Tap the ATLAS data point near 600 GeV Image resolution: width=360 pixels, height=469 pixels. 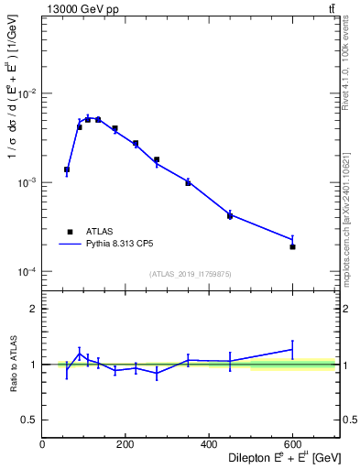point(292,246)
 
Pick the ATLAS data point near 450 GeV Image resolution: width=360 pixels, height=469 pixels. point(230,215)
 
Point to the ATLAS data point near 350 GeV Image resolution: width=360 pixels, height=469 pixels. point(188,182)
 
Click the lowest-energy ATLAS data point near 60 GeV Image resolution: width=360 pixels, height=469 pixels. point(67,169)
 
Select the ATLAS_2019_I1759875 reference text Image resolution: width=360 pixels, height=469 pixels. point(191,273)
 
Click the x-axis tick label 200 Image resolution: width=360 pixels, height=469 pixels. point(125,446)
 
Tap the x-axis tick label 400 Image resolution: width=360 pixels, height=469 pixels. point(209,446)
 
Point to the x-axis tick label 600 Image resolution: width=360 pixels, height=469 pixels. point(292,446)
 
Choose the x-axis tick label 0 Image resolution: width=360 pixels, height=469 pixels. point(43,446)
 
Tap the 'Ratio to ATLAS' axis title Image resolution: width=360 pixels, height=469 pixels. point(13,364)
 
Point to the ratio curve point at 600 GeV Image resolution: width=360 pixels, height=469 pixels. point(292,349)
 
